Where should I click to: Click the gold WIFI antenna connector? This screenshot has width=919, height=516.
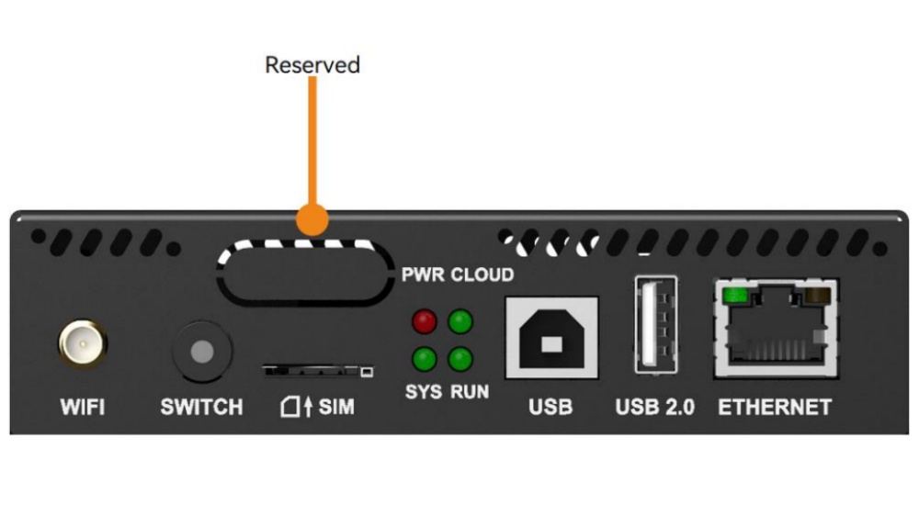83,346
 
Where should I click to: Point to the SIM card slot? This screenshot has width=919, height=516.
318,370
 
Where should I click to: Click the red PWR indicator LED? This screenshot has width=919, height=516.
424,322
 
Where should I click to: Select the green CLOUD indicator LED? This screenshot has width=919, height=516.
459,322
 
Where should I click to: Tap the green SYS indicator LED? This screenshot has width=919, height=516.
424,357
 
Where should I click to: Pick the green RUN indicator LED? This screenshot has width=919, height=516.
459,357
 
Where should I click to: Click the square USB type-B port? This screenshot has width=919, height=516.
550,337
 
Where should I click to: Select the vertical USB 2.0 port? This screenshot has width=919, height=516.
655,327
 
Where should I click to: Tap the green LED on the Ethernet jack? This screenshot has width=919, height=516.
734,296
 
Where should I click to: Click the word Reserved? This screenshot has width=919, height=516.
312,65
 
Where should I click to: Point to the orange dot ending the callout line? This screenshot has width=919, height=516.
312,221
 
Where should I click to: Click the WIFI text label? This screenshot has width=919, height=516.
82,407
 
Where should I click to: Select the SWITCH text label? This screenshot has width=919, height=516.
201,407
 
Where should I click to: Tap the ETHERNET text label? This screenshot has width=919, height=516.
775,407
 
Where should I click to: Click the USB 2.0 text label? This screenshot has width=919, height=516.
654,407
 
